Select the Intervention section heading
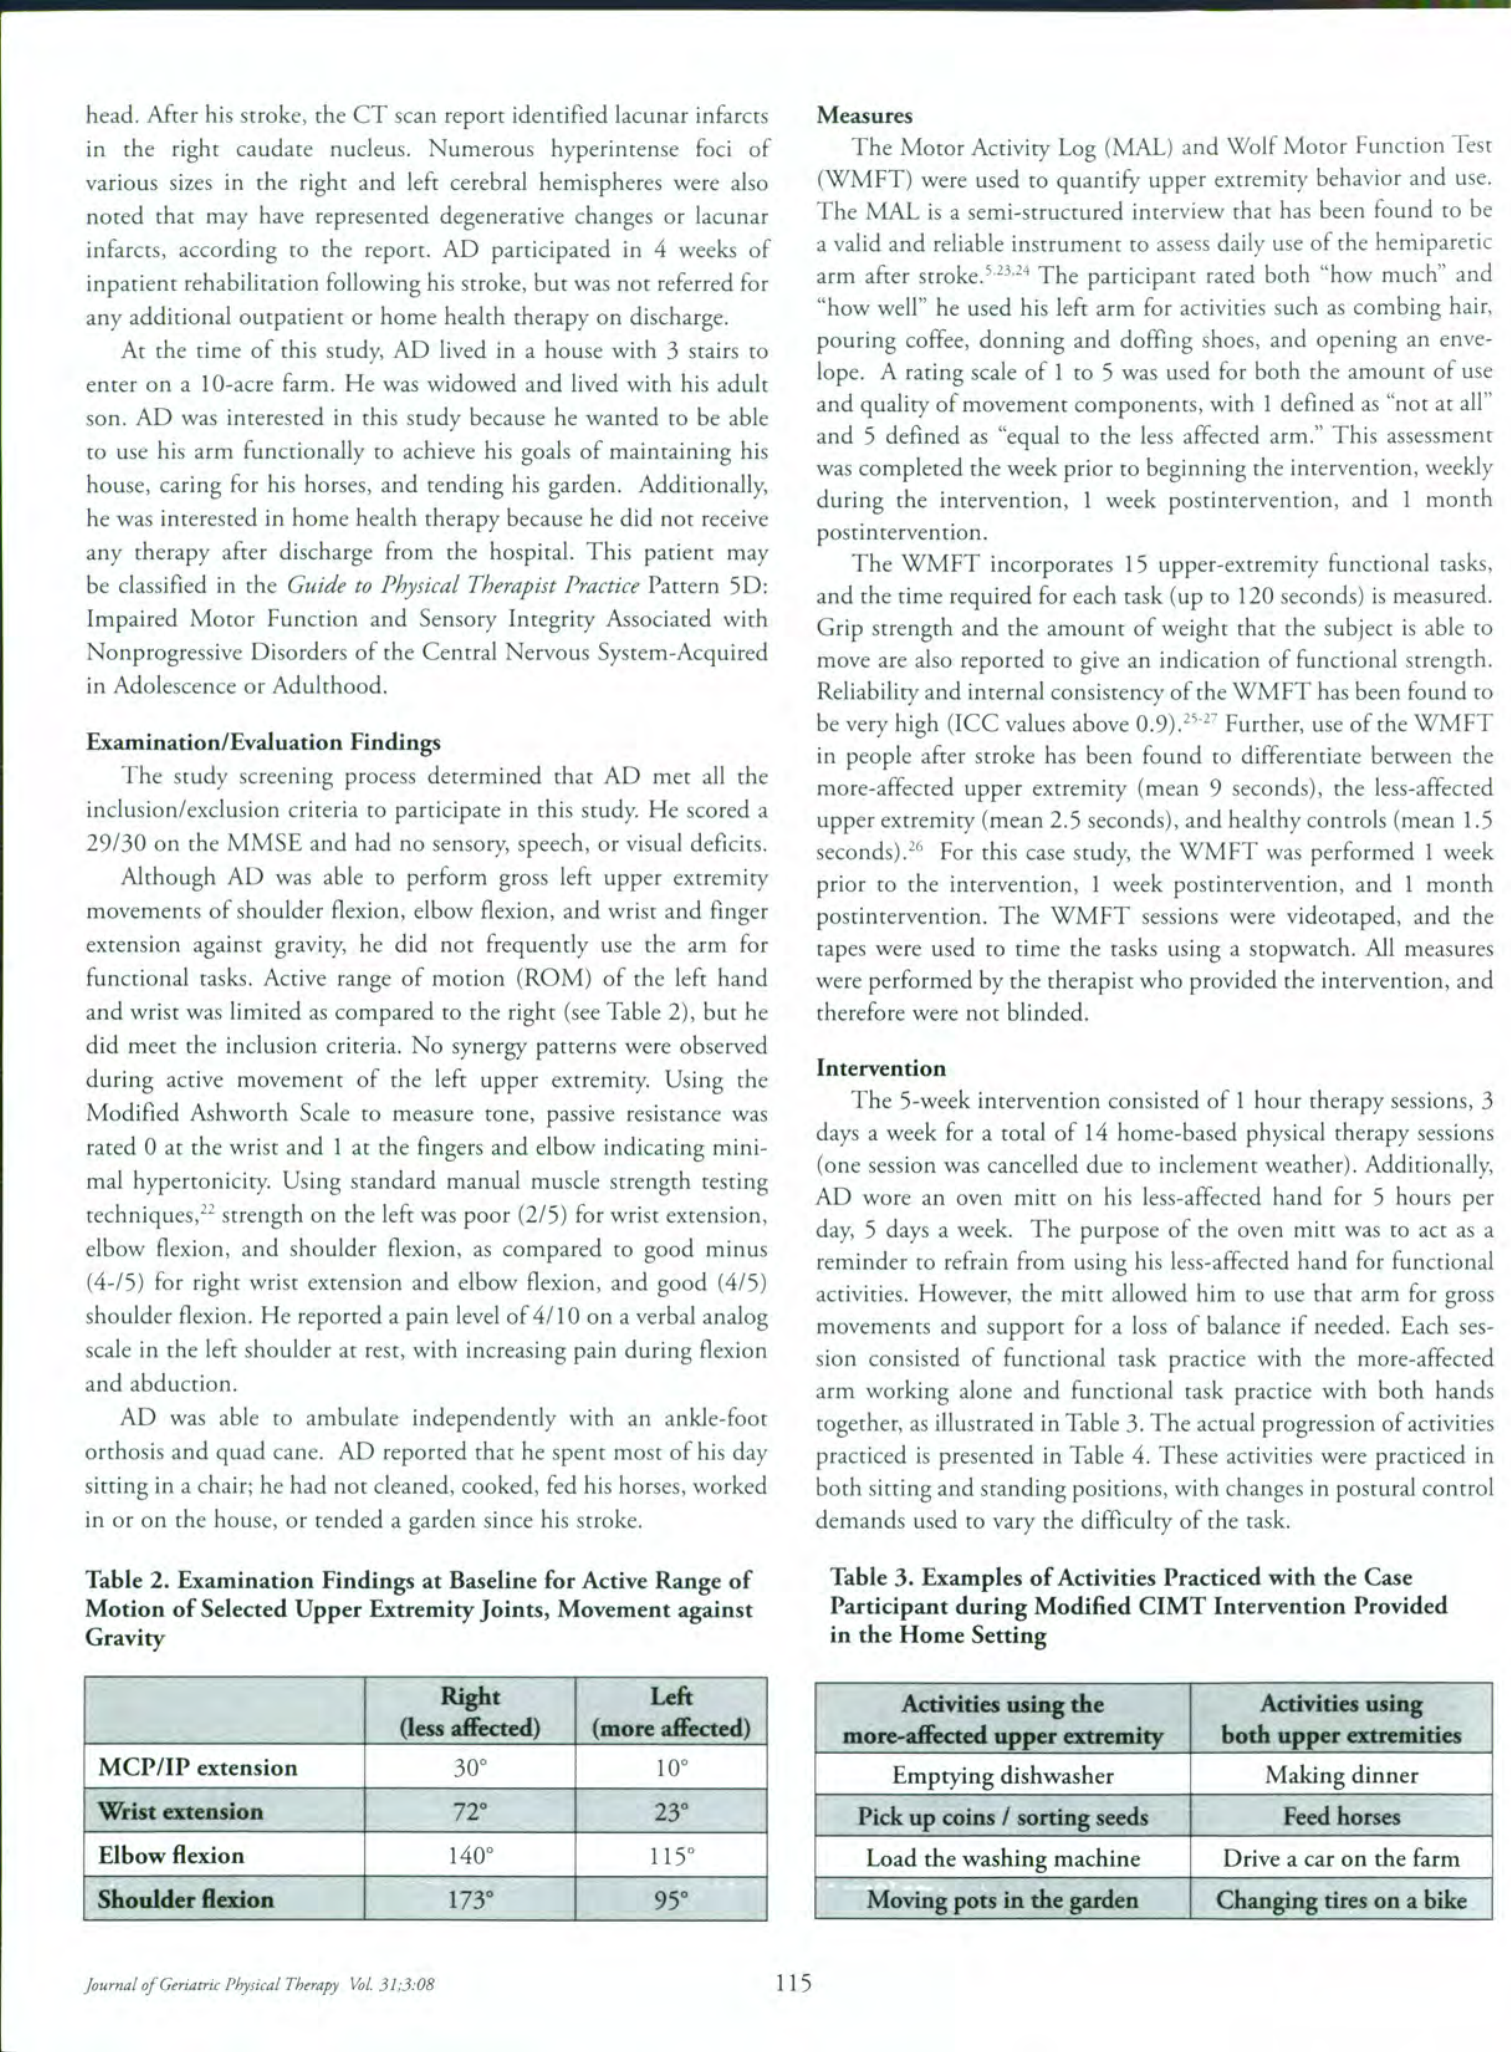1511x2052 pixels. point(881,1068)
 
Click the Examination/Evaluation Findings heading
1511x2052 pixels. point(264,742)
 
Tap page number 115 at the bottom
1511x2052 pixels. point(793,1984)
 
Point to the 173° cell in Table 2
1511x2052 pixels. point(470,1899)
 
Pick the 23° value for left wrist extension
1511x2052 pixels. point(672,1811)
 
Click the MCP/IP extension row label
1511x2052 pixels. point(198,1767)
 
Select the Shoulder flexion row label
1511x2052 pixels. point(186,1899)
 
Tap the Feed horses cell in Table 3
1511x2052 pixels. point(1341,1816)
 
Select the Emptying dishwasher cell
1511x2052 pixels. point(1002,1775)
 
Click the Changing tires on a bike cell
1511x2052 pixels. point(1341,1899)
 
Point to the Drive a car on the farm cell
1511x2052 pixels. point(1341,1858)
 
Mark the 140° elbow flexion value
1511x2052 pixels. point(470,1856)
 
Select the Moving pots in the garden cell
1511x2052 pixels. point(1002,1899)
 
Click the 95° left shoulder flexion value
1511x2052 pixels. point(672,1899)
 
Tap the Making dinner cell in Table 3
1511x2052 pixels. point(1341,1775)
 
